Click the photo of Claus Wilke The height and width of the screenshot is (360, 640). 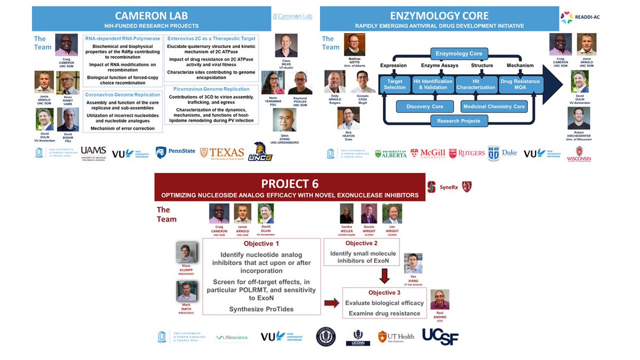pos(286,45)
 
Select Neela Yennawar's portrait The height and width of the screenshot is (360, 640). pos(273,83)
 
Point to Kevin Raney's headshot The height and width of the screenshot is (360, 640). pos(68,83)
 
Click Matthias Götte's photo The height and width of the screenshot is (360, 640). pos(354,45)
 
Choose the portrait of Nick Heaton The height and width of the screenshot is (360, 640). pos(348,118)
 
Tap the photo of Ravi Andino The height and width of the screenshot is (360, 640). pos(440,300)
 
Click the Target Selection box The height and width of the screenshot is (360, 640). pos(395,84)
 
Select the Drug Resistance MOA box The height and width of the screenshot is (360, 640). pos(521,84)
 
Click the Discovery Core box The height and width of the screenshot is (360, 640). pos(425,106)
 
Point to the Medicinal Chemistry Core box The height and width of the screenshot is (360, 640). pos(494,106)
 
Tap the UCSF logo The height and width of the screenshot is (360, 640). pos(440,336)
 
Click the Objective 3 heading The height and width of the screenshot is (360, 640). pos(384,293)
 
